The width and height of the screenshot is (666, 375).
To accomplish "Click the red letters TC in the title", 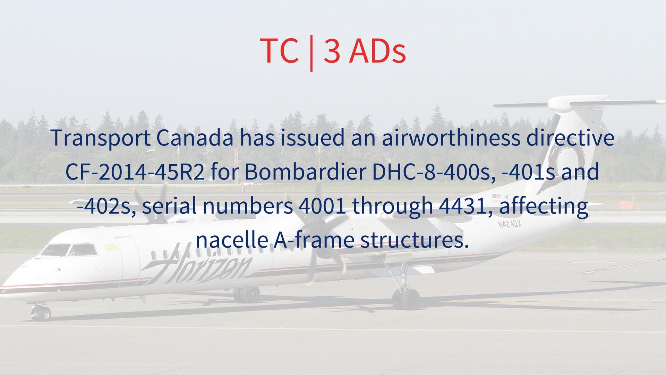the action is pos(279,50).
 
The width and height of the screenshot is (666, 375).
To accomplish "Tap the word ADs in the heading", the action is pos(377,50).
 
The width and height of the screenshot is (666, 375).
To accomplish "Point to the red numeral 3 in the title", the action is pos(332,51).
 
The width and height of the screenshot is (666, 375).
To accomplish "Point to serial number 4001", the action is pos(322,206).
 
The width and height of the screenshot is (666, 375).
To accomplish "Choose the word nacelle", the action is pos(232,240).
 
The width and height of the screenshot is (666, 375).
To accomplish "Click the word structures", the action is pos(414,240).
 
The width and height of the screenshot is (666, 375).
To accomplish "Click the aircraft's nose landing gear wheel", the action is pos(41,314).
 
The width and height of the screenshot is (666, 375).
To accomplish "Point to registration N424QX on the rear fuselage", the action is pos(510,224).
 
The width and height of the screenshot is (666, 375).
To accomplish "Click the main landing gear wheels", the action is pos(406,299).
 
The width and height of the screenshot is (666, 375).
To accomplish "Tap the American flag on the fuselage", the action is pos(497,197).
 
